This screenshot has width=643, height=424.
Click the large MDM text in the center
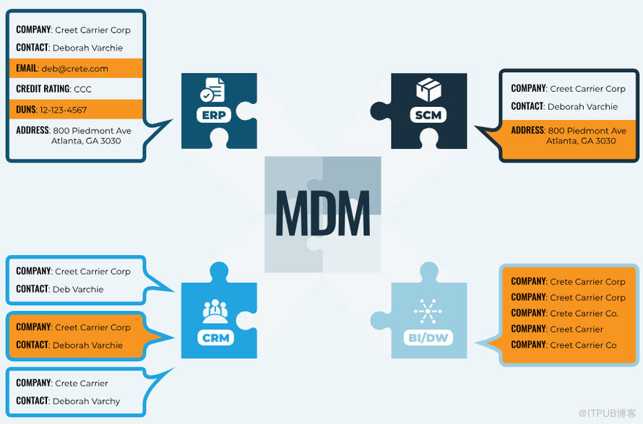(x=322, y=213)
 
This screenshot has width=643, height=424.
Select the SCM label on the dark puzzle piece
(x=428, y=114)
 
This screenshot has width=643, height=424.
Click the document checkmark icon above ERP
(x=212, y=90)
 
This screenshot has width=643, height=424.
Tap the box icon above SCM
(x=428, y=90)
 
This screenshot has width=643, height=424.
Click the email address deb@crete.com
(x=74, y=69)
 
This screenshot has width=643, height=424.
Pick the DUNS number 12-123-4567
(x=63, y=110)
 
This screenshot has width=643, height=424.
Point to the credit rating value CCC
(x=82, y=90)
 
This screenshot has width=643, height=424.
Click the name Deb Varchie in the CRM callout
(x=78, y=290)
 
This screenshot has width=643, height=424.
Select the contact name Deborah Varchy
(x=86, y=402)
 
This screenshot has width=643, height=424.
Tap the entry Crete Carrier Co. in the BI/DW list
(x=584, y=313)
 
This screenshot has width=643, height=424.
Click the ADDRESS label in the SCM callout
(x=527, y=131)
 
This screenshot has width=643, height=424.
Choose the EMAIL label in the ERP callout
(x=27, y=69)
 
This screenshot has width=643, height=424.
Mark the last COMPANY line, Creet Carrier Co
(x=583, y=345)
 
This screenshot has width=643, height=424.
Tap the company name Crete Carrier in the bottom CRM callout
(x=82, y=384)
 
